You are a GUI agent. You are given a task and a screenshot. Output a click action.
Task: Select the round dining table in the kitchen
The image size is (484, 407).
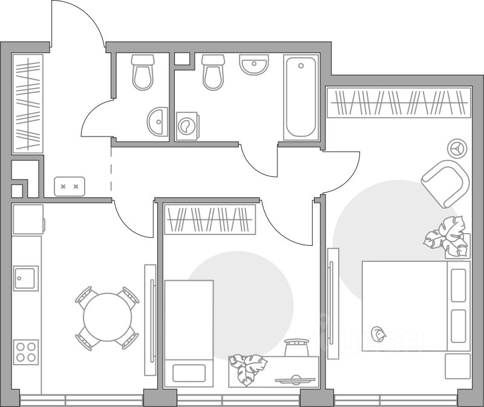107,318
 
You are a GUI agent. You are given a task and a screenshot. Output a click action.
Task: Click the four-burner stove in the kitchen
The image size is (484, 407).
25,351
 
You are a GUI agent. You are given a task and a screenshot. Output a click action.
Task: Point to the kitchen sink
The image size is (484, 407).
25,278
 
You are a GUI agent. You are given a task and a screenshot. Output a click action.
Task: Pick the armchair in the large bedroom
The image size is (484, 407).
445,182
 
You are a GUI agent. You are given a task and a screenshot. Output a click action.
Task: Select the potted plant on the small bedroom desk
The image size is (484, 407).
247,367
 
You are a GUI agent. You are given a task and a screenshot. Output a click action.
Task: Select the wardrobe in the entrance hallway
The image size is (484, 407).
28,103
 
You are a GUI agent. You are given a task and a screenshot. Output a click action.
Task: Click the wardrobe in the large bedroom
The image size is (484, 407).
398,102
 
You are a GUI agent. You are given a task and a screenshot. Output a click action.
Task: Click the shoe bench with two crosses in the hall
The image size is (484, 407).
70,187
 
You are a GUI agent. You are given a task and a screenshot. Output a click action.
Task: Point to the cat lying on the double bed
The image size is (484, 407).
379,333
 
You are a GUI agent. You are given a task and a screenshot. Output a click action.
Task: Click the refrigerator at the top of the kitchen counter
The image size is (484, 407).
28,219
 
